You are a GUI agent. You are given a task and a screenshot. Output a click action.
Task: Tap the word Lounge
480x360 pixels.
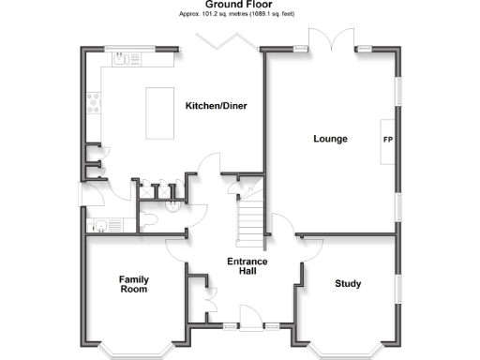pyautogui.click(x=330, y=139)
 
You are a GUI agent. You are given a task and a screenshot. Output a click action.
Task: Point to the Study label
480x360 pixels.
pyautogui.click(x=348, y=283)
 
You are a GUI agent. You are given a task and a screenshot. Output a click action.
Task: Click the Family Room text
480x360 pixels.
pyautogui.click(x=133, y=284)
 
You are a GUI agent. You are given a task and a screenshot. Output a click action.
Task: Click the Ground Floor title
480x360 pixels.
pyautogui.click(x=240, y=5)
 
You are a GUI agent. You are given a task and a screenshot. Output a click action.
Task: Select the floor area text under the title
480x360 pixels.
pyautogui.click(x=240, y=15)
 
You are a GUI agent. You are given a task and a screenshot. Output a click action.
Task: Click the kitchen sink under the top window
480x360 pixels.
pyautogui.click(x=122, y=58)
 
